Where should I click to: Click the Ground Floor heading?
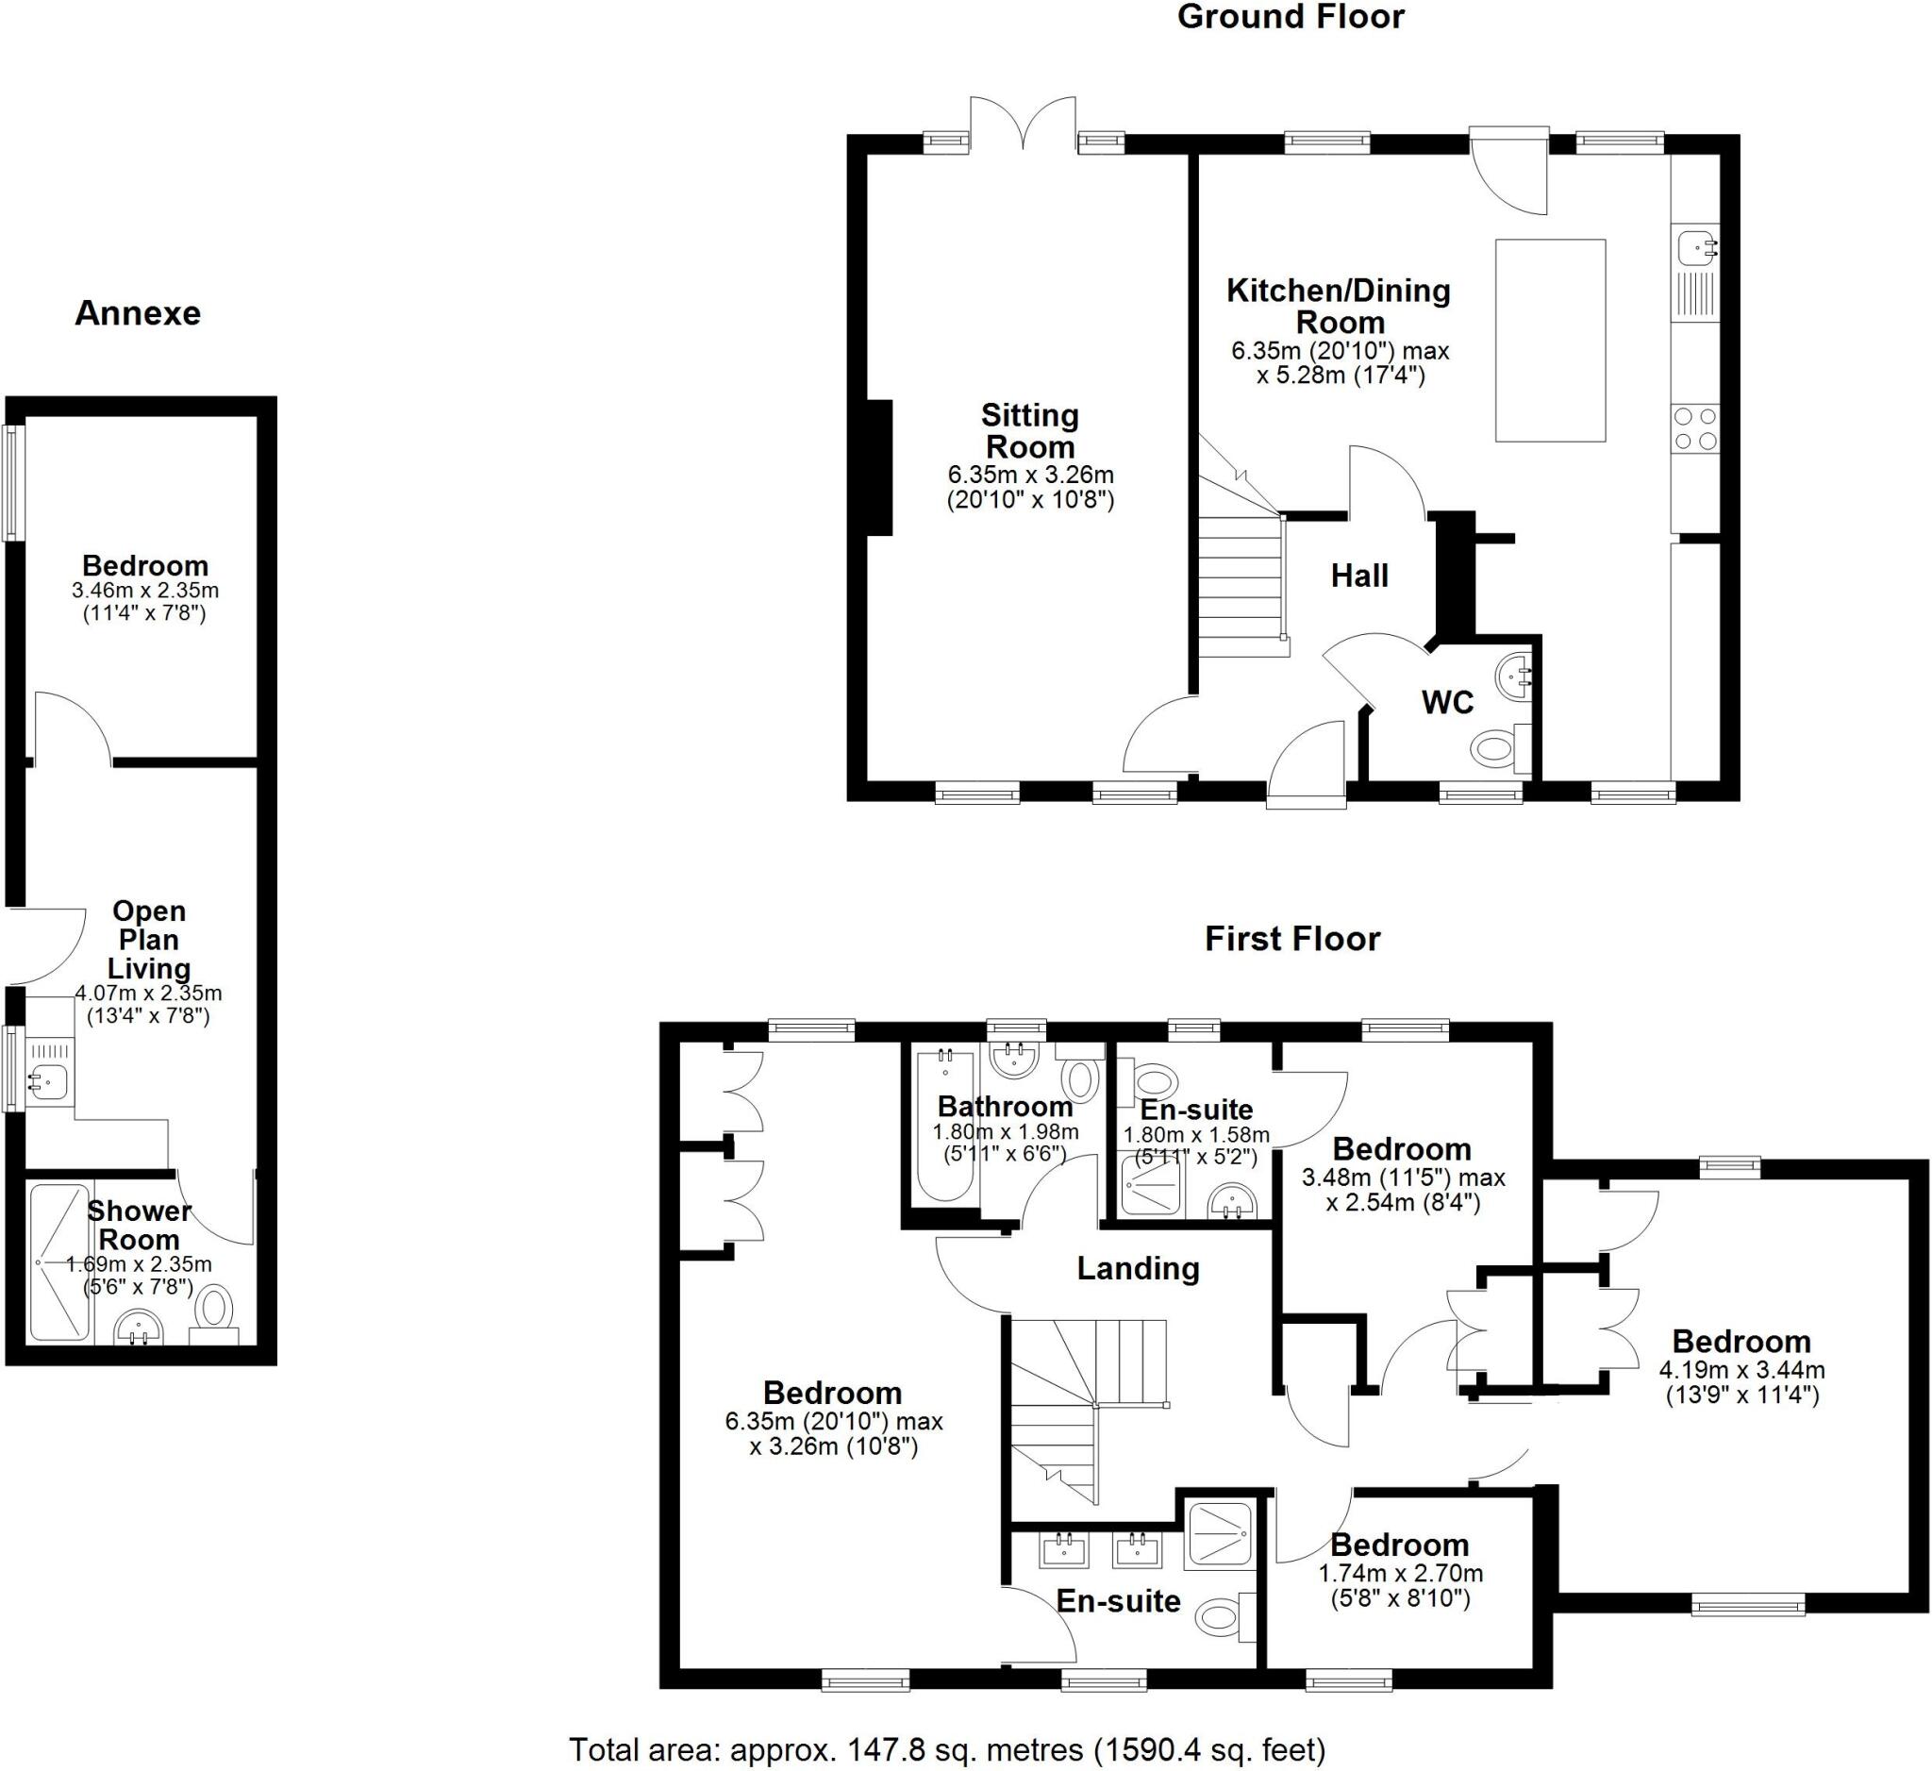click(1290, 17)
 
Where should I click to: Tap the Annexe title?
click(138, 313)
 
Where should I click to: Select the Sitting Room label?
click(1030, 431)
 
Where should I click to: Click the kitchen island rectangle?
click(1550, 341)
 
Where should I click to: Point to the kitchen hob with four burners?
click(1694, 428)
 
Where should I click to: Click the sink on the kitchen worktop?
click(1696, 249)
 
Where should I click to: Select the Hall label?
click(1359, 576)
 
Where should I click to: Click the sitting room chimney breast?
click(880, 467)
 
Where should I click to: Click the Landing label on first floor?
click(1138, 1269)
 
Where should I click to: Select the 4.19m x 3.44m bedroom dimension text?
click(1741, 1382)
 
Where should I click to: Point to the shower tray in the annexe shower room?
click(59, 1262)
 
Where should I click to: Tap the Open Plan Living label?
click(148, 939)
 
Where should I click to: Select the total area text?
click(947, 1749)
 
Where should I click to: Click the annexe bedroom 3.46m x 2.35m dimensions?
click(144, 601)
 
